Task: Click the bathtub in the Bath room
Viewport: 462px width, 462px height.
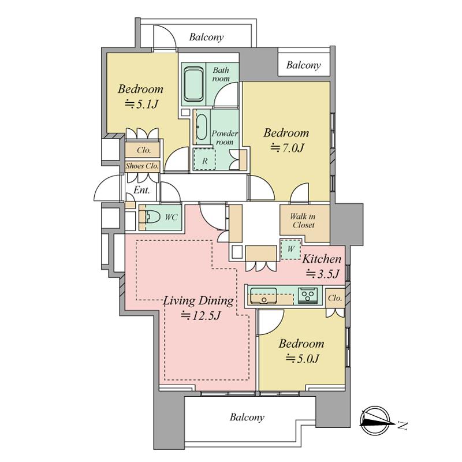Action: (193, 84)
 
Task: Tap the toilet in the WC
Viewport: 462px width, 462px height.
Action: (151, 217)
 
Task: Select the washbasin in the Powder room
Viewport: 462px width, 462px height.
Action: (202, 127)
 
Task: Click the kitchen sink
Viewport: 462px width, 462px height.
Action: (263, 296)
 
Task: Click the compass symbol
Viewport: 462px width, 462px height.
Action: (377, 420)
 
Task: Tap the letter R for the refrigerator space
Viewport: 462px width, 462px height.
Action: (205, 161)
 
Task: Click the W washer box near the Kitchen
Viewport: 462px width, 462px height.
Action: (291, 249)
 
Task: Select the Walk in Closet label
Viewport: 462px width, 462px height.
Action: (303, 221)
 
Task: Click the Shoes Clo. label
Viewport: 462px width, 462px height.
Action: (142, 166)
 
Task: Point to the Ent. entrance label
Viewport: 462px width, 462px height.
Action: (141, 190)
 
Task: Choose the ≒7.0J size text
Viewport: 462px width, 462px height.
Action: (287, 148)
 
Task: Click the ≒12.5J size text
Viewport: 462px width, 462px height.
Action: (200, 316)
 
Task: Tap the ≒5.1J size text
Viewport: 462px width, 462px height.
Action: (142, 104)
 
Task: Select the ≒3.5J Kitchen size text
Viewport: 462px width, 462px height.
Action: (323, 274)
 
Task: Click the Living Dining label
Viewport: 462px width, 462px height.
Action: (198, 301)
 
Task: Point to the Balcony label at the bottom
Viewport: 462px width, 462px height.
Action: (247, 418)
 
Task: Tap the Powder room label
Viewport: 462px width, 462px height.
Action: (225, 137)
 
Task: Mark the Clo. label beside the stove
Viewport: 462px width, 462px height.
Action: (335, 298)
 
